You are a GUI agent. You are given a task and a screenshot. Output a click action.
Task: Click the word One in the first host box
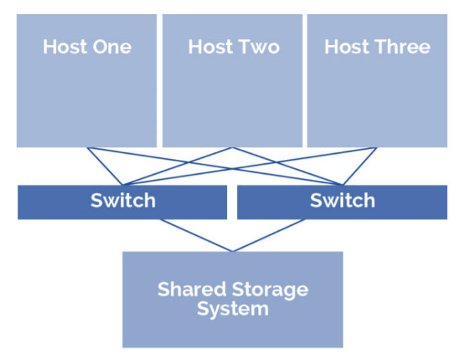coord(114,47)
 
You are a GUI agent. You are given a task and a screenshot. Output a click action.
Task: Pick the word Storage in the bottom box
coord(271,289)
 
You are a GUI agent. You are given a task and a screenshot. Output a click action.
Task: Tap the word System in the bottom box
coord(233,309)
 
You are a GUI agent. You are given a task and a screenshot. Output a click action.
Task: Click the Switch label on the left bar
coord(122,200)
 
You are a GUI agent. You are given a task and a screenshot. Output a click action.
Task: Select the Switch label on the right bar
coord(342,200)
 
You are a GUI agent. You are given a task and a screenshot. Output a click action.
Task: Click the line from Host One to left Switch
coord(105,166)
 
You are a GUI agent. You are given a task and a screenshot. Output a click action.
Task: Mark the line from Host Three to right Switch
coord(360,166)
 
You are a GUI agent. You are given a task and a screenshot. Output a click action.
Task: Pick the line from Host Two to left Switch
coord(177,166)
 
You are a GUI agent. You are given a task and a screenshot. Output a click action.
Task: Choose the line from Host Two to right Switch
coord(288,166)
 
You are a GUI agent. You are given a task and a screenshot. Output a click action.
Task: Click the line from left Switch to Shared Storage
coord(196,235)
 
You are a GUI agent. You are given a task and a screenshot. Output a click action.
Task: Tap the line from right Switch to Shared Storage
coord(269,235)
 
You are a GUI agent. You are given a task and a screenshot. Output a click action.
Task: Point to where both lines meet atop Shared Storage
coord(233,251)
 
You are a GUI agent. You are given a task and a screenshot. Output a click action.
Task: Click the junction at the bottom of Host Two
coord(233,148)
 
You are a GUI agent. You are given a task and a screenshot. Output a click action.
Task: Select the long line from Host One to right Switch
coord(215,166)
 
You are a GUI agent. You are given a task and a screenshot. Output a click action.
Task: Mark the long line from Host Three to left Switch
coord(249,166)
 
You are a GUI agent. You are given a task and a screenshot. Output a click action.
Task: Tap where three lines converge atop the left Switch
coord(122,185)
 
